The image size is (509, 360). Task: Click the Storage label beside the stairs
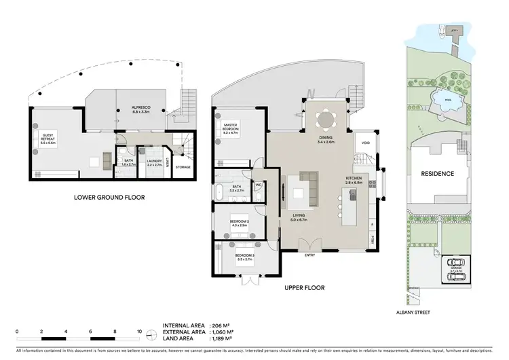[183, 166]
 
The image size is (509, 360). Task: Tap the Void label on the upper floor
[366, 143]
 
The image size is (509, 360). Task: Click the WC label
[259, 184]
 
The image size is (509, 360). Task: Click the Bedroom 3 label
[245, 257]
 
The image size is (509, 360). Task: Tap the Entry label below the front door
[310, 255]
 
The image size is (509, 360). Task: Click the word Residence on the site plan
[438, 174]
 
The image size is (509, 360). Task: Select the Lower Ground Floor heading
[110, 198]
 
